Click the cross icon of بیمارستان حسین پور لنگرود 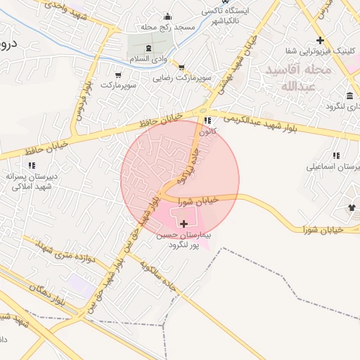point(184,224)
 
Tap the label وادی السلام point(166,60)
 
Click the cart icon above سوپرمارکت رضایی point(182,68)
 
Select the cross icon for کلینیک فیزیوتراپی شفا point(321,40)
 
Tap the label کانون point(205,131)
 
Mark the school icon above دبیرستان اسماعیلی point(336,155)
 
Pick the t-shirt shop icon point(351,207)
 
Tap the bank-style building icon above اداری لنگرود point(350,96)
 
